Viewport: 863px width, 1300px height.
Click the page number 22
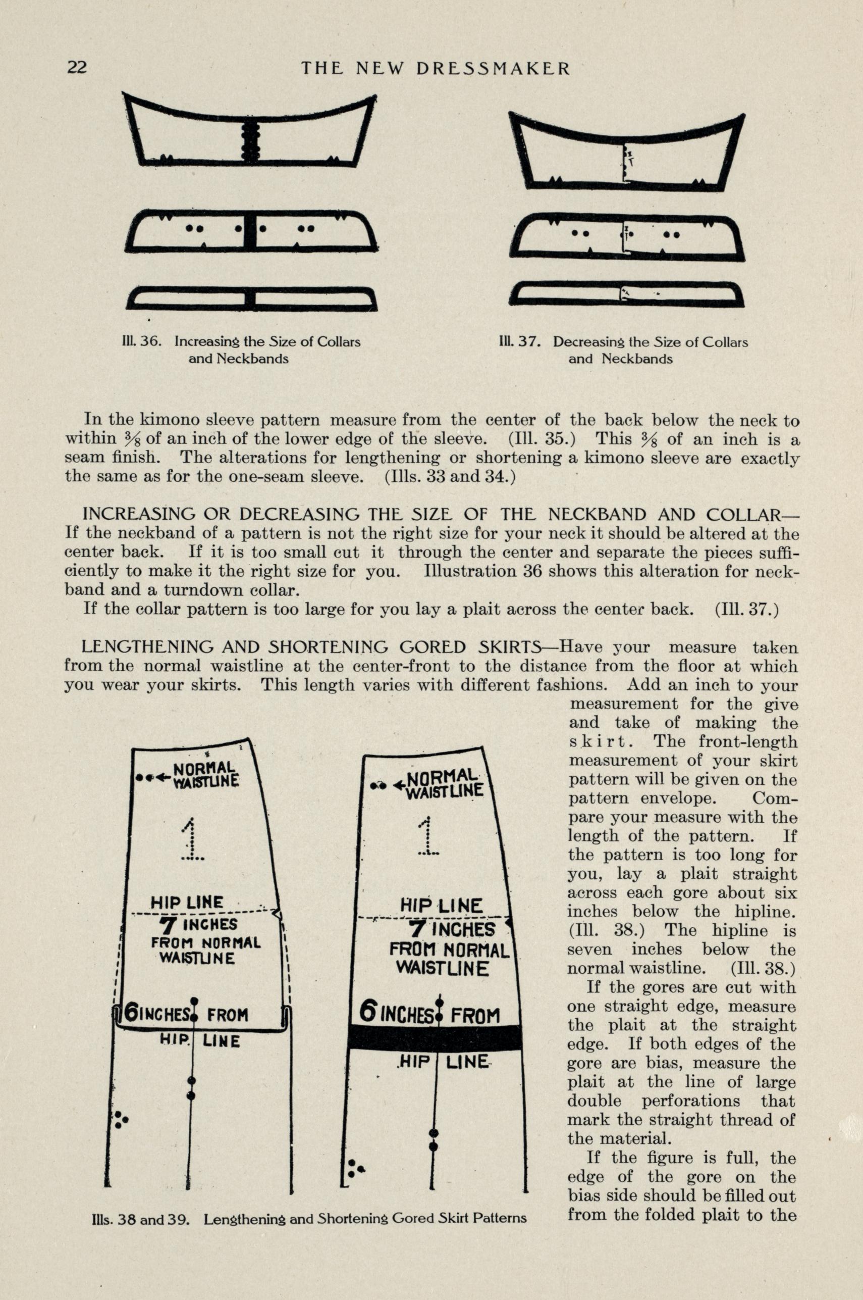click(77, 67)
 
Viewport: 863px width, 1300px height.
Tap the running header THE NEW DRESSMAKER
click(436, 68)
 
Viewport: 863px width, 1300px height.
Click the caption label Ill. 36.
click(141, 341)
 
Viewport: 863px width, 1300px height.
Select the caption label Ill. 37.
click(517, 341)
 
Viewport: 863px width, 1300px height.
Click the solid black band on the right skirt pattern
click(435, 1037)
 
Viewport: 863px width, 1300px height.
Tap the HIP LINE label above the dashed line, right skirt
click(442, 905)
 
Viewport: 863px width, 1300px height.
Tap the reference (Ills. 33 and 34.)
click(450, 476)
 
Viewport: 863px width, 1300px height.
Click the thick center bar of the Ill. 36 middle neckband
click(250, 231)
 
